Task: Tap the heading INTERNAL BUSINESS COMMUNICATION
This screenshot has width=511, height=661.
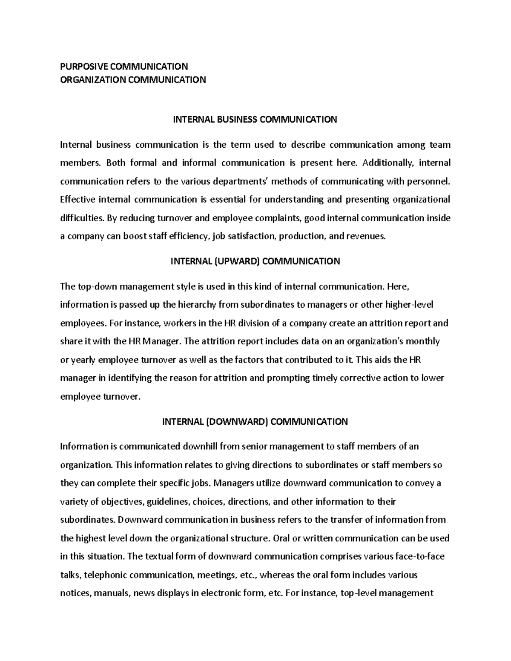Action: [x=255, y=120]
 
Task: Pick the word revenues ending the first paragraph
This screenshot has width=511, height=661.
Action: [x=367, y=236]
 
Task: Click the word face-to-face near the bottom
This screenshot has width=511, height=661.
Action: [x=420, y=556]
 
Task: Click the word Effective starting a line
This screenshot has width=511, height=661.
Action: [x=78, y=200]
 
